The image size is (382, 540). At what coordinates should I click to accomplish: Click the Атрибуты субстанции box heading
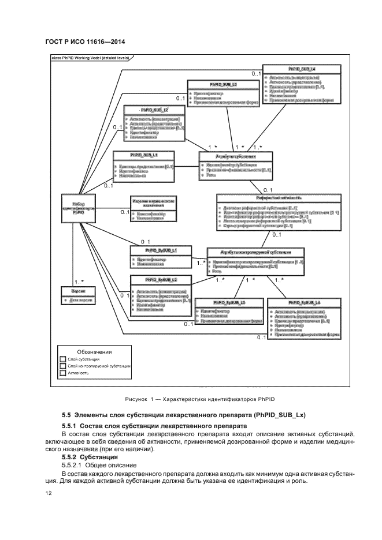236,156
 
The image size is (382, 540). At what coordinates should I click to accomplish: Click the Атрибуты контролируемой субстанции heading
255,253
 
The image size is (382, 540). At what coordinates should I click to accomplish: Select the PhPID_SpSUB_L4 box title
303,302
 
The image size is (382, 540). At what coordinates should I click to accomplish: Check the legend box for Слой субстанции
63,359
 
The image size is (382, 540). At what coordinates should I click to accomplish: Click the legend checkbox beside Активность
63,373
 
